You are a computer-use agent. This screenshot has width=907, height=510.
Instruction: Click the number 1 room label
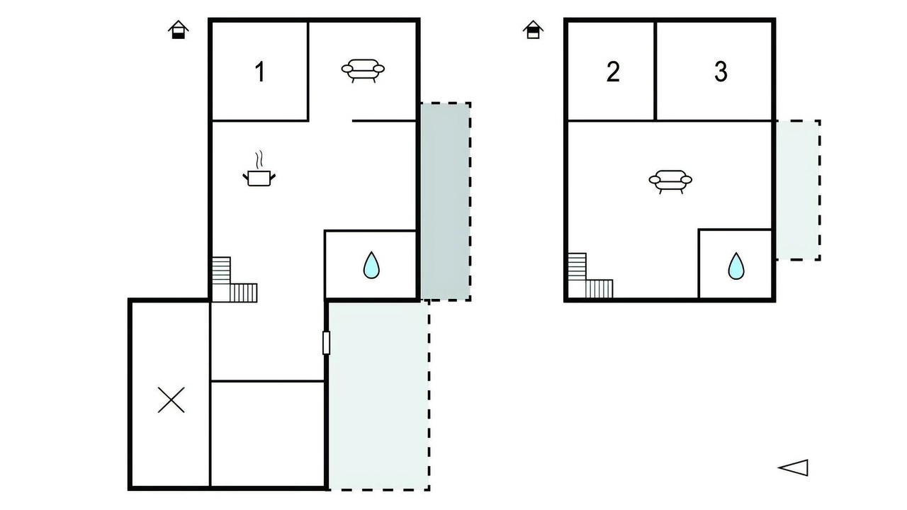pyautogui.click(x=260, y=72)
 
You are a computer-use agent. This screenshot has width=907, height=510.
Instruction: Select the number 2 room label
pyautogui.click(x=613, y=72)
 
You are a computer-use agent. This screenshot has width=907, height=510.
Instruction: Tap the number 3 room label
pyautogui.click(x=721, y=72)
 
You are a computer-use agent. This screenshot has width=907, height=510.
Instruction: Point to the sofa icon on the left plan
pyautogui.click(x=363, y=70)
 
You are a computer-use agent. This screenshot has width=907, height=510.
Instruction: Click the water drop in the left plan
pyautogui.click(x=371, y=266)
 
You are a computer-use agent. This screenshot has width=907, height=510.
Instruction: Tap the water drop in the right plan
pyautogui.click(x=736, y=266)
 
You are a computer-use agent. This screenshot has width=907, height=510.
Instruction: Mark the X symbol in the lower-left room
pyautogui.click(x=171, y=400)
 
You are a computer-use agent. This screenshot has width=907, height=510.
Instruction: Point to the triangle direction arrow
pyautogui.click(x=793, y=468)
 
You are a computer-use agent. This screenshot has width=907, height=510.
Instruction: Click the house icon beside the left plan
pyautogui.click(x=178, y=30)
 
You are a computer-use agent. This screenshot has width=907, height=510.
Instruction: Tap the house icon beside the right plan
pyautogui.click(x=533, y=30)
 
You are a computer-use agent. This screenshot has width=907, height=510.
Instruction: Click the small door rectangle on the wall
pyautogui.click(x=326, y=343)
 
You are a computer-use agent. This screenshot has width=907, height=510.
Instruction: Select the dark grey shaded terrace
pyautogui.click(x=446, y=202)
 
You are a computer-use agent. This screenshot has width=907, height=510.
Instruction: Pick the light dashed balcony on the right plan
pyautogui.click(x=798, y=191)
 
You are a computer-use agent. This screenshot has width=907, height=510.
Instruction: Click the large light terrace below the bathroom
pyautogui.click(x=378, y=396)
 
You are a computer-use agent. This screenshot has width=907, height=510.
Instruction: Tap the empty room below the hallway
pyautogui.click(x=267, y=434)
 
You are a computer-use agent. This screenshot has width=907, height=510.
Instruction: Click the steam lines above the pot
pyautogui.click(x=259, y=159)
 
